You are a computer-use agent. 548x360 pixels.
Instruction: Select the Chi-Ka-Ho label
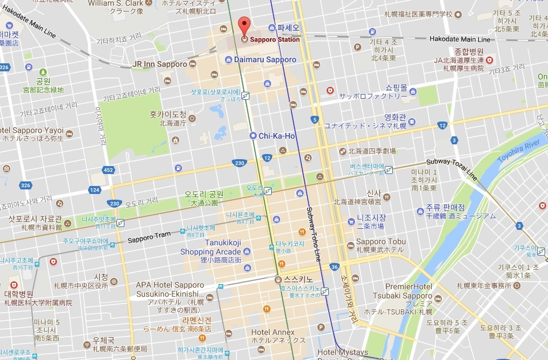click(277, 136)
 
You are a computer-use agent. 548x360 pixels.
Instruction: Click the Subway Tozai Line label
click(455, 169)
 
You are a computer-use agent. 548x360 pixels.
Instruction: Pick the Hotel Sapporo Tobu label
click(381, 242)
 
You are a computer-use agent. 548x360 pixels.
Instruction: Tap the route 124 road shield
click(95, 189)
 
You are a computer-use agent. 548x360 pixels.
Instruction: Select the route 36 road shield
click(334, 266)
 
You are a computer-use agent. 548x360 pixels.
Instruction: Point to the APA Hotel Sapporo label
click(170, 285)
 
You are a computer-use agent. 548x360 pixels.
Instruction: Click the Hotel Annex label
click(273, 332)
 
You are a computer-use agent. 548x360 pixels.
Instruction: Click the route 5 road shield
click(315, 119)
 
